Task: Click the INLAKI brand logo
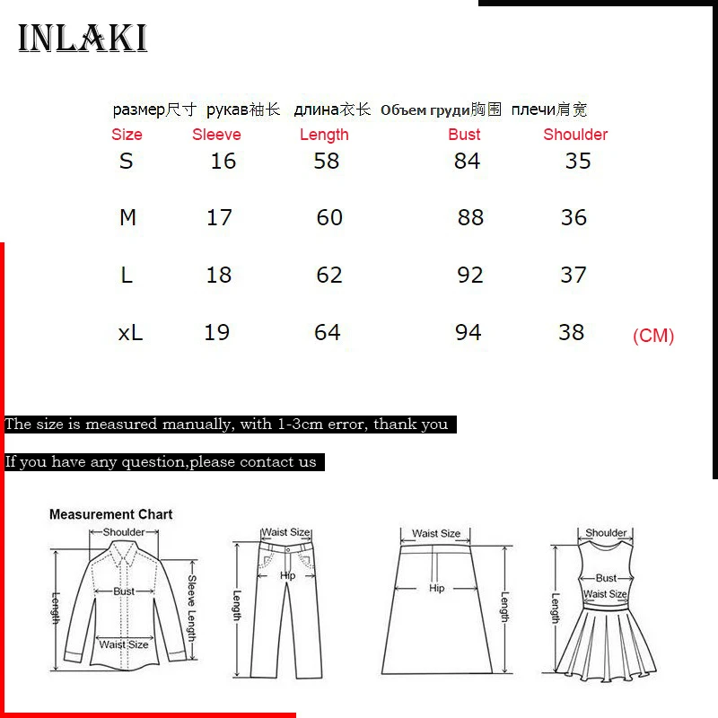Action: coord(83,39)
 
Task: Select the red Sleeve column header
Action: coord(216,135)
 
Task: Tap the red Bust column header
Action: coord(464,135)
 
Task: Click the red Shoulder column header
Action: coord(575,135)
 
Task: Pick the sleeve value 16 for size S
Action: coord(223,161)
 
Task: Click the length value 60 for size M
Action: coord(329,217)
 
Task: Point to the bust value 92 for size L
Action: coord(470,275)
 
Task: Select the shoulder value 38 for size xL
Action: coord(572,332)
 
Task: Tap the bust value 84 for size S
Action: coord(467,161)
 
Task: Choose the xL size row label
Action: coord(130,332)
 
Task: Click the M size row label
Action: coord(127,217)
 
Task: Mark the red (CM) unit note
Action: coord(653,336)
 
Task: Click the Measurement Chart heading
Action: coord(110,514)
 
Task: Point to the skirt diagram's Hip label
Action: coord(436,589)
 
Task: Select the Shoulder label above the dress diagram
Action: coord(606,533)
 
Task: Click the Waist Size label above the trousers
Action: coord(285,533)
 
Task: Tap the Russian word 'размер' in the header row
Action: coord(139,110)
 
